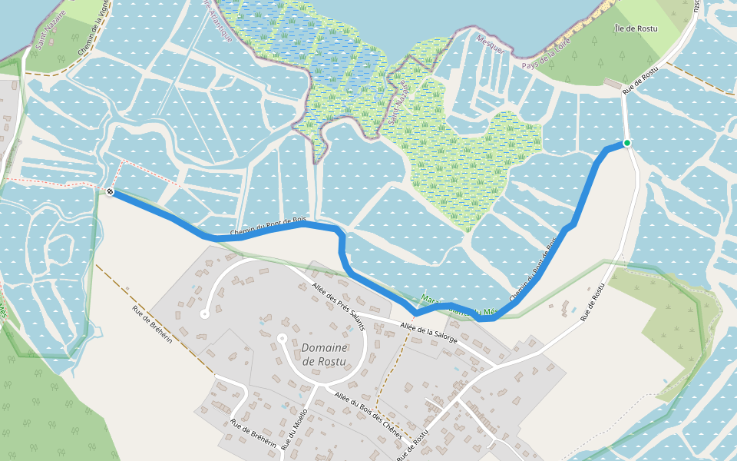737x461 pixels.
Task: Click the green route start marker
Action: pos(627,143)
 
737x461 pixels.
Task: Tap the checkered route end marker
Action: pos(111,192)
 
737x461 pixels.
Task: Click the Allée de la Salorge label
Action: pos(429,333)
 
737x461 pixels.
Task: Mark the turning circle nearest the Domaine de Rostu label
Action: pos(282,337)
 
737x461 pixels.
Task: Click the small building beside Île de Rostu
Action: pos(613,83)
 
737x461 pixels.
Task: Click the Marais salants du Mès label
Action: pos(456,307)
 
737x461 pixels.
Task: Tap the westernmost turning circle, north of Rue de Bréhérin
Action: pos(204,313)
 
